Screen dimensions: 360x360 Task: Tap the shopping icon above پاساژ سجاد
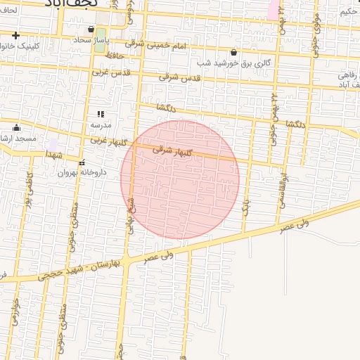(91, 30)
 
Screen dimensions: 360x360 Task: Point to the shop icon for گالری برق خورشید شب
(233, 52)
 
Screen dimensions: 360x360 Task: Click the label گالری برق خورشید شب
(233, 63)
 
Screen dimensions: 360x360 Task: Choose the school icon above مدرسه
(101, 113)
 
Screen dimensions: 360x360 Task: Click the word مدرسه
(100, 124)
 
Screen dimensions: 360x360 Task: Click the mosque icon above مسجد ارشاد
(17, 127)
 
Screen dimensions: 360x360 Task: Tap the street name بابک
(246, 205)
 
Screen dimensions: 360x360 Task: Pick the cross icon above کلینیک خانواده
(15, 35)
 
